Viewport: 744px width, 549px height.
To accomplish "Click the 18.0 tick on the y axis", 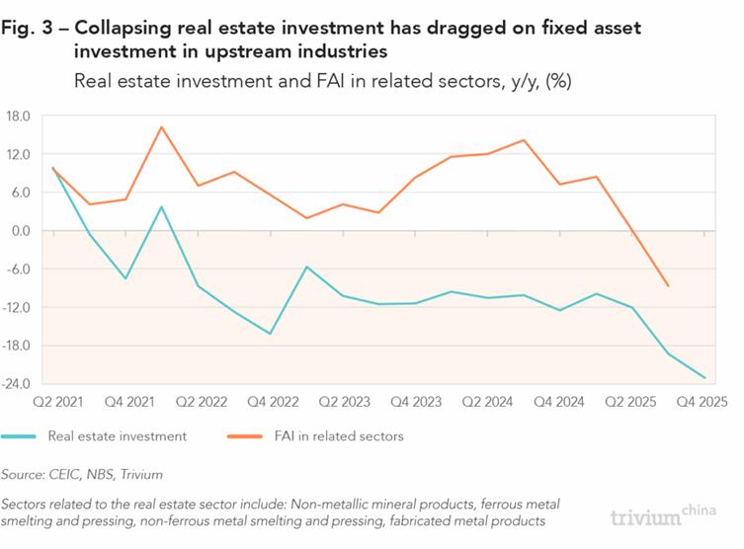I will (19, 117).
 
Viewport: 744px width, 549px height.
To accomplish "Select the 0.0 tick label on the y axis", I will (21, 231).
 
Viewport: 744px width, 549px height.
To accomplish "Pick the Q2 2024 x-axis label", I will (487, 402).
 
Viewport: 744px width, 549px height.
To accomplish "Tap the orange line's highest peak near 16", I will (161, 127).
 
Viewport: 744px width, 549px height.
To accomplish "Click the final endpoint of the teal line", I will (704, 377).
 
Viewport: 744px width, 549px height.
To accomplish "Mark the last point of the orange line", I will (668, 286).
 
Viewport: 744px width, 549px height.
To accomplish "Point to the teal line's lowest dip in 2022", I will (270, 334).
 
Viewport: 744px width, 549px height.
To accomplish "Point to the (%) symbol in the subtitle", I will (558, 81).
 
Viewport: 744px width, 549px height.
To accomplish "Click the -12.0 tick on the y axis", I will (19, 307).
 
